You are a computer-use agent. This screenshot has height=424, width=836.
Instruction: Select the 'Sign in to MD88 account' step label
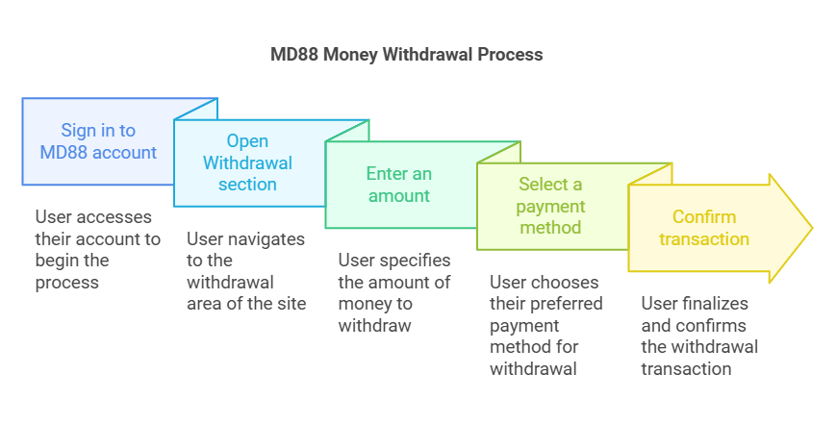click(x=98, y=140)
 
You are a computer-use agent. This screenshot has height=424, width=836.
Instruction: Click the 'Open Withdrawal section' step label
click(x=247, y=162)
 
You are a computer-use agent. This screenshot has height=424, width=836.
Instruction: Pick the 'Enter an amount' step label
click(x=398, y=185)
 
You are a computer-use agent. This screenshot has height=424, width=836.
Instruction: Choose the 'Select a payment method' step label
click(x=549, y=206)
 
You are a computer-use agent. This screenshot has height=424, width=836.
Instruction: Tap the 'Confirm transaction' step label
click(x=704, y=228)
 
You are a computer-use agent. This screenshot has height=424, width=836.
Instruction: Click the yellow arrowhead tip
click(x=811, y=228)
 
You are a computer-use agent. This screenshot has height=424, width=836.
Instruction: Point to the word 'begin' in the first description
click(x=61, y=261)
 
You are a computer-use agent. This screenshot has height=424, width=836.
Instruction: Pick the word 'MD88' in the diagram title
click(x=292, y=55)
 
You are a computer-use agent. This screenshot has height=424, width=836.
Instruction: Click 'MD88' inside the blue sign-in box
click(x=63, y=152)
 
